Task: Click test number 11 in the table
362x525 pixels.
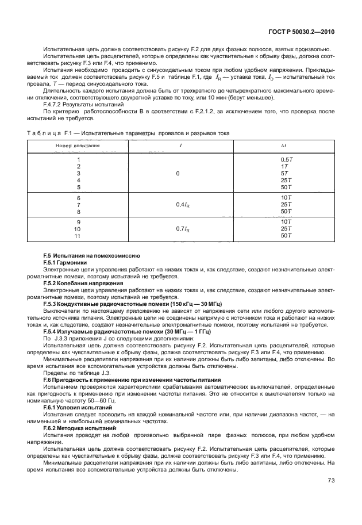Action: (78, 236)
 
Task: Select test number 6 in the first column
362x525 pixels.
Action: (78, 197)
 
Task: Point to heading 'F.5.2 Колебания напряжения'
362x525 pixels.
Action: (83, 283)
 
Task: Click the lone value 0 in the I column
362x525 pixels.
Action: (178, 173)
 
